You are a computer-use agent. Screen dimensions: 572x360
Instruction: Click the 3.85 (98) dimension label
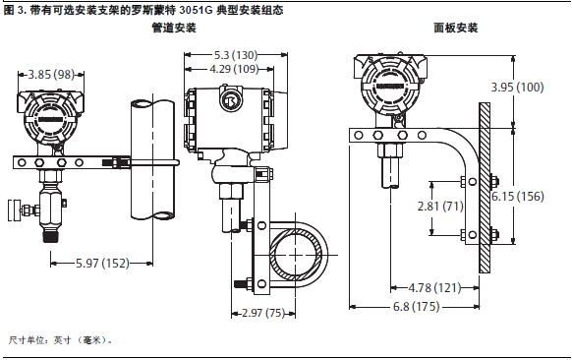[x=51, y=75]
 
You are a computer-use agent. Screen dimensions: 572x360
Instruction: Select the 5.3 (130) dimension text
[x=236, y=55]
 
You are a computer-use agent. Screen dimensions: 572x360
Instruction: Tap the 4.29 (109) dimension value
[x=234, y=69]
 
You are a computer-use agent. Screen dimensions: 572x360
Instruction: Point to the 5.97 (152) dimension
[x=102, y=263]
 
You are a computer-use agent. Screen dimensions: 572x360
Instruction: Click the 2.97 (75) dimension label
[x=263, y=313]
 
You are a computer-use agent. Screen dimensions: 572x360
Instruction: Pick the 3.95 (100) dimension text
[x=517, y=88]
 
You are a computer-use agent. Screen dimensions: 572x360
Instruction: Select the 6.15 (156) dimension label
[x=518, y=197]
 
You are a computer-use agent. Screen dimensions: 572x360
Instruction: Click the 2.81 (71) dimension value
[x=440, y=207]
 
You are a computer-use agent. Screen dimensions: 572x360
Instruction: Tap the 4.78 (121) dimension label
[x=434, y=288]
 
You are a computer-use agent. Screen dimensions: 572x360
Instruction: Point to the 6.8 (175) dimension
[x=417, y=306]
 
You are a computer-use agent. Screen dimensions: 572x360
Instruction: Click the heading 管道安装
[x=174, y=28]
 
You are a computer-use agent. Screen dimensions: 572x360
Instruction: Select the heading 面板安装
[x=456, y=28]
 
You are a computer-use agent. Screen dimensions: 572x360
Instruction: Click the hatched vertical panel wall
[x=485, y=188]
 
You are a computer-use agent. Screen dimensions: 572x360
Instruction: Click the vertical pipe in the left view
[x=152, y=160]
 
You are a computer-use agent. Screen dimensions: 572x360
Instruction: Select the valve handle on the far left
[x=13, y=210]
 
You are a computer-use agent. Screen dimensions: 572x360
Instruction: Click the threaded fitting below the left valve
[x=51, y=236]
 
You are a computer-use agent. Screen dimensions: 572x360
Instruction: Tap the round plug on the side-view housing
[x=230, y=100]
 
